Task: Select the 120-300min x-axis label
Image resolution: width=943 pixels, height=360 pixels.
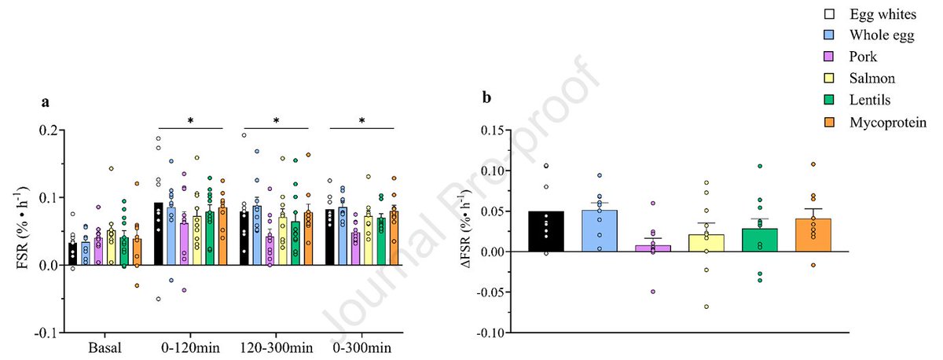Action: tap(275, 347)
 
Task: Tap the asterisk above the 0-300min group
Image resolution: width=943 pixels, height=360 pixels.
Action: tap(361, 121)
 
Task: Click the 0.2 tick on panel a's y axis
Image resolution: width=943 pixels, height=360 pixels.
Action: tap(49, 130)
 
